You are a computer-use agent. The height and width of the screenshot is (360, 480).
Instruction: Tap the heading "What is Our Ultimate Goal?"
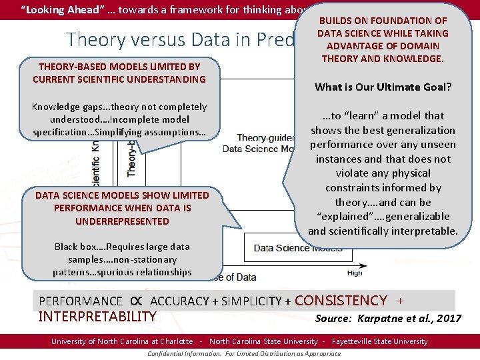[x=382, y=87]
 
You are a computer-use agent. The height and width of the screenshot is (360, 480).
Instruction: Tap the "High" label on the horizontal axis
[x=355, y=273]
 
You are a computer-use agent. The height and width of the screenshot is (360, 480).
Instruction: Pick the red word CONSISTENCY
[x=340, y=301]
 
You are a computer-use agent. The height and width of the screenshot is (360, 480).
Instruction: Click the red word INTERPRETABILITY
[x=97, y=316]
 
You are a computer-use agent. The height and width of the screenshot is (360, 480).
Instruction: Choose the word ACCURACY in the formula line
[x=180, y=301]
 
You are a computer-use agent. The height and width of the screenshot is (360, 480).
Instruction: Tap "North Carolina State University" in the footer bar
[x=263, y=341]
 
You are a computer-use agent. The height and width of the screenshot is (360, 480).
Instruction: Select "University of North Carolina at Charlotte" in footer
[x=122, y=341]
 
